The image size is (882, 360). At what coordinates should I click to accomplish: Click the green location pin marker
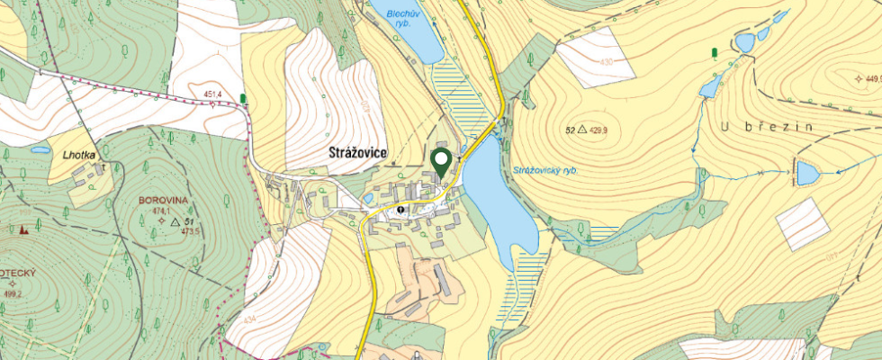point(441,162)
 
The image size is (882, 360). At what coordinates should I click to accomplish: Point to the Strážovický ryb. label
point(544,170)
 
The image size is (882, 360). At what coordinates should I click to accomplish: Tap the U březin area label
point(766,128)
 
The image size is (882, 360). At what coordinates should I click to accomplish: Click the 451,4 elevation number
point(213,94)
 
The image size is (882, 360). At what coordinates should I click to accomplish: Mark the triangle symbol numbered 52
point(582,130)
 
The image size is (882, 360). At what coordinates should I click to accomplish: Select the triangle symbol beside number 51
point(175,220)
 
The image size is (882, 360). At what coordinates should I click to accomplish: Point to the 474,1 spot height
point(162,211)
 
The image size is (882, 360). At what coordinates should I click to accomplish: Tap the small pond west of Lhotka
point(40,150)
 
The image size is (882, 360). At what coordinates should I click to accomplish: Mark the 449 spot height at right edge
point(871,79)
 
